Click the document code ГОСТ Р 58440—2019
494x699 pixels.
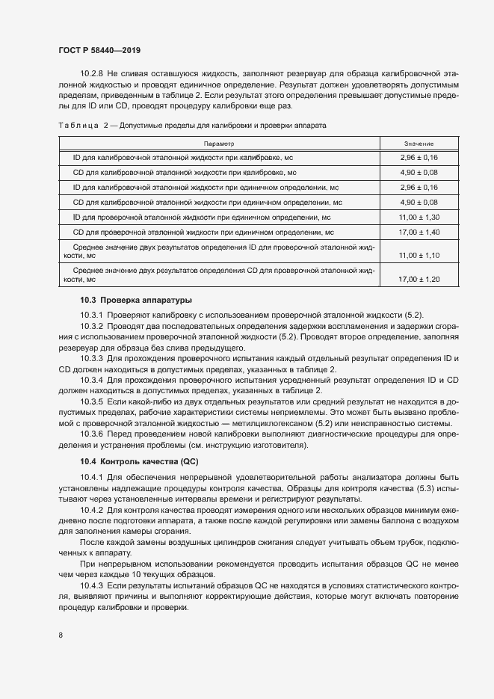click(99, 50)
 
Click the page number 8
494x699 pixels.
click(61, 635)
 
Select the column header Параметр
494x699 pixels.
click(218, 144)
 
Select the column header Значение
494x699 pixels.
click(419, 144)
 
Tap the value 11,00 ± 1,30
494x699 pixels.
click(419, 217)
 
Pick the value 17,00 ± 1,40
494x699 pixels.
click(419, 232)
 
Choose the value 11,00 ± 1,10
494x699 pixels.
click(419, 256)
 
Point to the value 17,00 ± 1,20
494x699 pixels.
click(419, 279)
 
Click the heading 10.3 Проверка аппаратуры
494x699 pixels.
click(126, 299)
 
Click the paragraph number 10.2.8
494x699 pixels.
click(92, 73)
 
